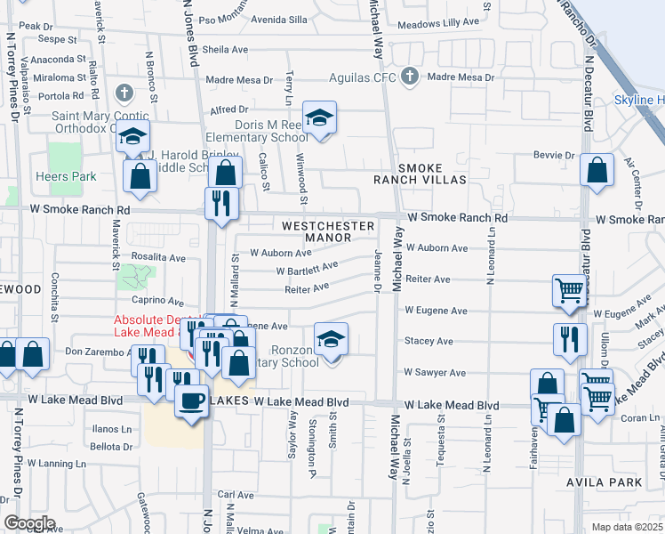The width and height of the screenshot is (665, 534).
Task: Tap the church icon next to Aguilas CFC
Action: pos(409,77)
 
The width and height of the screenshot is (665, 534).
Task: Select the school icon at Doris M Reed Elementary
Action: pos(319,117)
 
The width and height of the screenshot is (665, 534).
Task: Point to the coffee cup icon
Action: pos(190,400)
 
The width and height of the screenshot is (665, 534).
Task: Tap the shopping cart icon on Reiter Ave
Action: pos(568,289)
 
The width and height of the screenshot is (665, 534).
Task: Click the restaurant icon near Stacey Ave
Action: pos(568,338)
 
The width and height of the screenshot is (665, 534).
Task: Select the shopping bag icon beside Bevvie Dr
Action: pos(597,168)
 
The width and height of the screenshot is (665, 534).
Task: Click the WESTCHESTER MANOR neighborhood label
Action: pos(328,231)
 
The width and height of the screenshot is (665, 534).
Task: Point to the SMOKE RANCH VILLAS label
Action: pos(432,174)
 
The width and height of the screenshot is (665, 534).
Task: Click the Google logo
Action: pos(28,523)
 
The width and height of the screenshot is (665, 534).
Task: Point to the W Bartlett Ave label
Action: pos(306,268)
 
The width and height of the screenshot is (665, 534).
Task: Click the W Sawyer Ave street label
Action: pos(435,373)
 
